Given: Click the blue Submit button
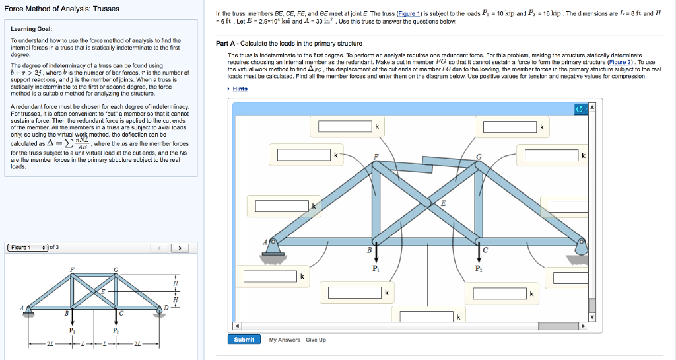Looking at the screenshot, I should click(244, 340).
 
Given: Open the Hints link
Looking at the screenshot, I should click(240, 89).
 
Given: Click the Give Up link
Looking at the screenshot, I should click(316, 340).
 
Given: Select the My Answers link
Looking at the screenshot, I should click(285, 340).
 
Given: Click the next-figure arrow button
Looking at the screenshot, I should click(179, 248).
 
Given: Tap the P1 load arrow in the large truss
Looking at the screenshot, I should click(376, 254).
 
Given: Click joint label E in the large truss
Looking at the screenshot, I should click(443, 204).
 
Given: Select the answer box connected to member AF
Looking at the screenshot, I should click(283, 205).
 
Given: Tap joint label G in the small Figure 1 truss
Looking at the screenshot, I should click(116, 268).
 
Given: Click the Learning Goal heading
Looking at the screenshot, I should click(32, 29).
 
